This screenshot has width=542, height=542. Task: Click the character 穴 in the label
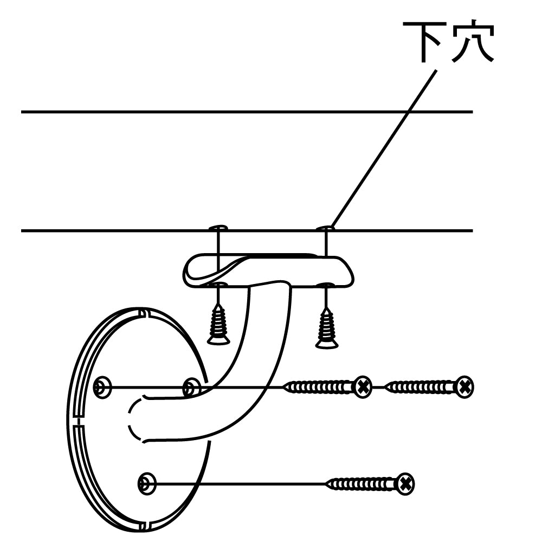[473, 42]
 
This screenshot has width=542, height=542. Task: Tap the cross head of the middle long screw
[363, 387]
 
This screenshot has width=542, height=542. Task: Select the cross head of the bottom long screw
[404, 482]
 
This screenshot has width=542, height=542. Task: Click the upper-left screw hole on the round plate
[101, 387]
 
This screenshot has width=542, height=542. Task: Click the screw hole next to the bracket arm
[191, 387]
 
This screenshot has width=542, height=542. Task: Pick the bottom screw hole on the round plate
[146, 482]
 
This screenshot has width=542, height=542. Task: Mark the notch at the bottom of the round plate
[143, 525]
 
